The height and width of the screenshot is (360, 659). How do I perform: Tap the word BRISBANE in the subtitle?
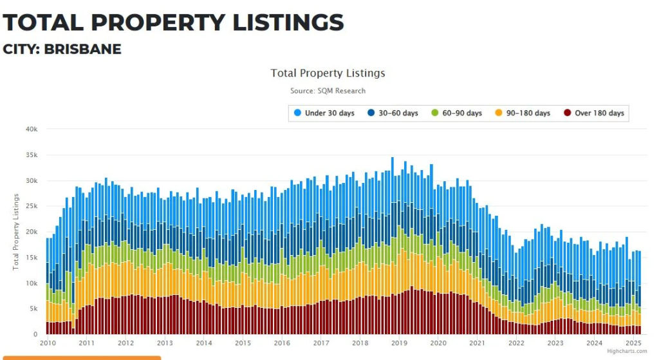[x=82, y=50]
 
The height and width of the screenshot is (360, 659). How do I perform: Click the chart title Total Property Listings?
[x=328, y=73]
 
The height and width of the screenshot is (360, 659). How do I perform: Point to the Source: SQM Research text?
[x=328, y=91]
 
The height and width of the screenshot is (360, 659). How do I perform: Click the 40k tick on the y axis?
[x=32, y=129]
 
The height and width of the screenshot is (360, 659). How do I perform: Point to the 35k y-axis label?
[x=32, y=155]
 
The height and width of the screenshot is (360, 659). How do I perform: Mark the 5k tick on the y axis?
[x=33, y=309]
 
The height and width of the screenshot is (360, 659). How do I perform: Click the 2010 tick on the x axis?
[x=48, y=343]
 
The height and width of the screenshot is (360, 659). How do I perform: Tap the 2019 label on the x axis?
[x=399, y=343]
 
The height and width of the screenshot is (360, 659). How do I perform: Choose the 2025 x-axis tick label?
[x=633, y=343]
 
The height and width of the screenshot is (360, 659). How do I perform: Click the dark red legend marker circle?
[x=567, y=113]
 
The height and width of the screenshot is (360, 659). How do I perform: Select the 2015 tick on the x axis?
[x=243, y=343]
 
